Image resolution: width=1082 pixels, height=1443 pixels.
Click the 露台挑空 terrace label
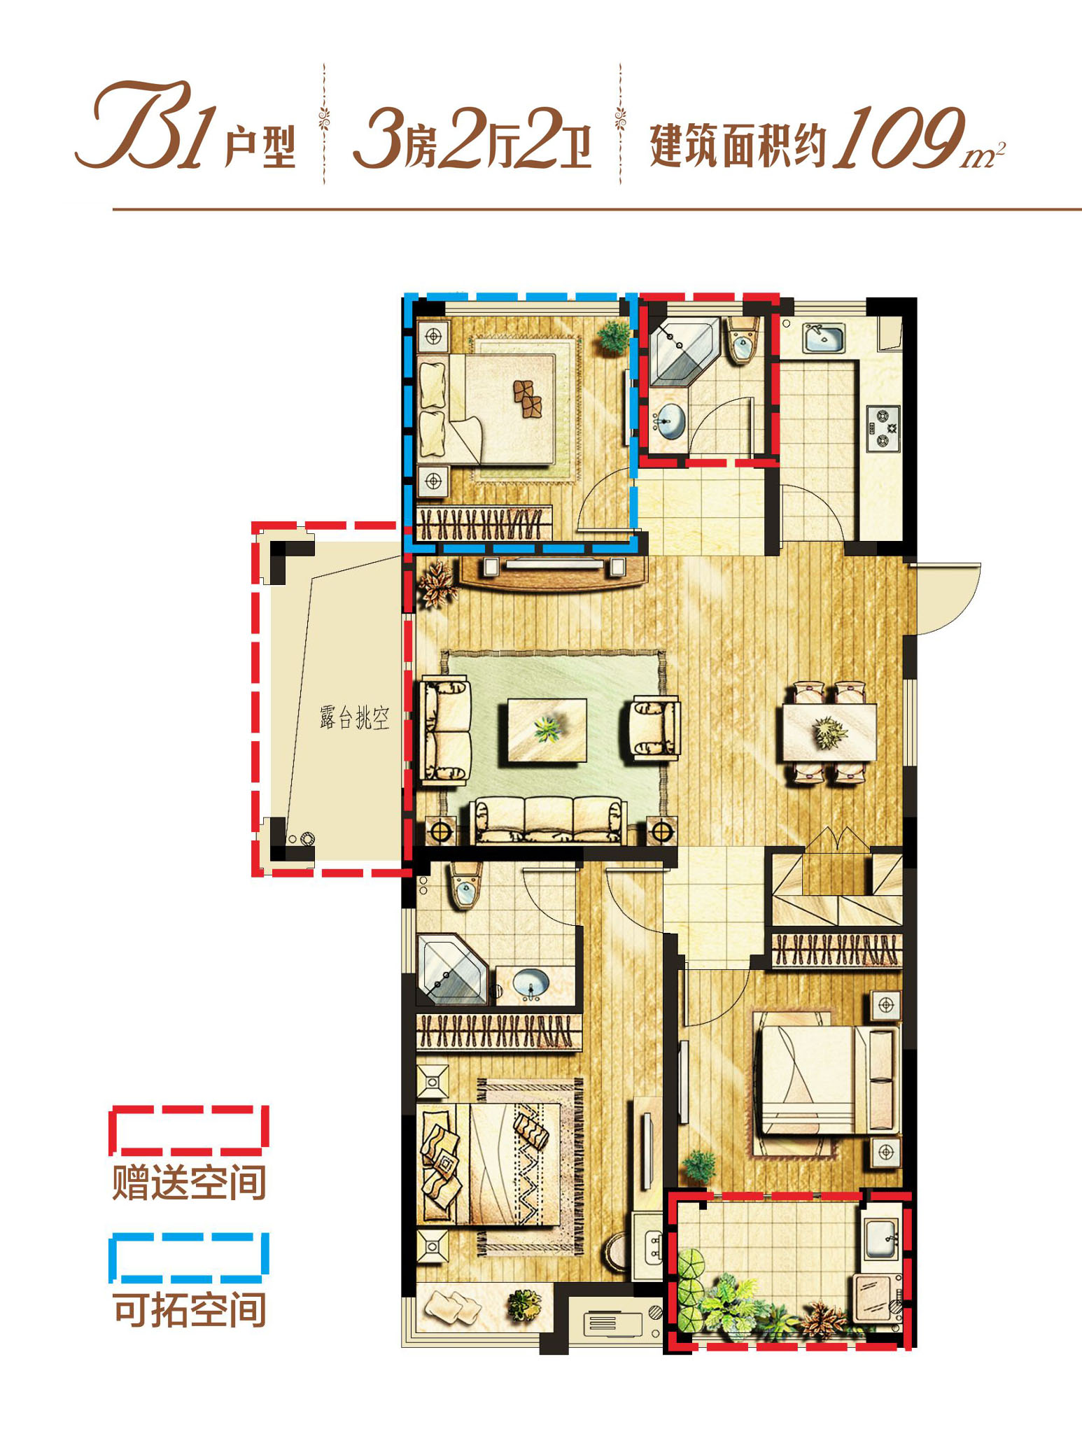(354, 718)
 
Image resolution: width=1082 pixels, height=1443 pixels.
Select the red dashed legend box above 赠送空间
(189, 1130)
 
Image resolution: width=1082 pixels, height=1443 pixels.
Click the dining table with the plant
(829, 732)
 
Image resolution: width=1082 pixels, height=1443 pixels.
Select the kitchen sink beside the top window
(823, 337)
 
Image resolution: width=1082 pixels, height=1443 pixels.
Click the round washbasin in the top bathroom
(670, 421)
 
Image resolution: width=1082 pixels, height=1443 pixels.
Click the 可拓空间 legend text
(189, 1309)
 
